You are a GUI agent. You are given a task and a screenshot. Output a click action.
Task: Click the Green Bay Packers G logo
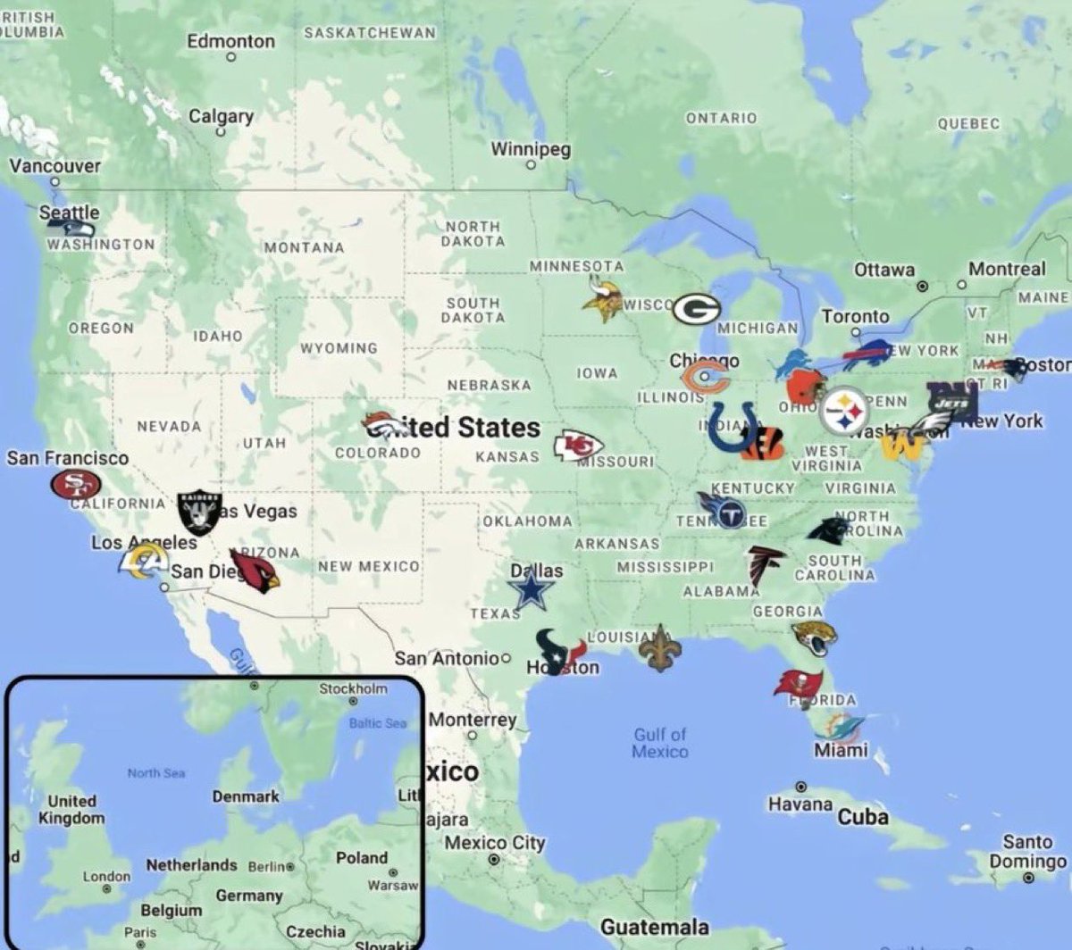click(696, 309)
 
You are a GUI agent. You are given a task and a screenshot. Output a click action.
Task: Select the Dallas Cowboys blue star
click(532, 591)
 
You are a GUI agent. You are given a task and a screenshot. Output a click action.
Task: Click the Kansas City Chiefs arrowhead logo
click(578, 445)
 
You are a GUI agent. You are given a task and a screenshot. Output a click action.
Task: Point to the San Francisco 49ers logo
click(75, 485)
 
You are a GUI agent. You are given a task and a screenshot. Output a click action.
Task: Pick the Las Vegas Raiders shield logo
click(198, 512)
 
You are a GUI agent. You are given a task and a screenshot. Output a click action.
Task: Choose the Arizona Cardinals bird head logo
click(255, 572)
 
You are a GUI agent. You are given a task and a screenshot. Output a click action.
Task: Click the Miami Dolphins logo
click(840, 727)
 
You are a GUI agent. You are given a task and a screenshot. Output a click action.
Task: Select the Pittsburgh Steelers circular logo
click(844, 411)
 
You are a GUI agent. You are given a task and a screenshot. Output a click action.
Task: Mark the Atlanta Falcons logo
click(765, 565)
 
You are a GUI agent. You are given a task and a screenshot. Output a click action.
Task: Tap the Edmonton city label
click(230, 41)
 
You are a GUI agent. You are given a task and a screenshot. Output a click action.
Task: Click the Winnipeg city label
click(531, 149)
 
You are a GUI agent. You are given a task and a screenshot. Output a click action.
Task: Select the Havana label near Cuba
click(800, 804)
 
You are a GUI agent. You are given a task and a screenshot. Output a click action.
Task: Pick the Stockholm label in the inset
click(354, 688)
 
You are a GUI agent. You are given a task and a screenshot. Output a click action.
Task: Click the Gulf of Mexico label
click(660, 742)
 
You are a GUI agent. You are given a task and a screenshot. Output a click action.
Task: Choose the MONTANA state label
click(304, 247)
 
